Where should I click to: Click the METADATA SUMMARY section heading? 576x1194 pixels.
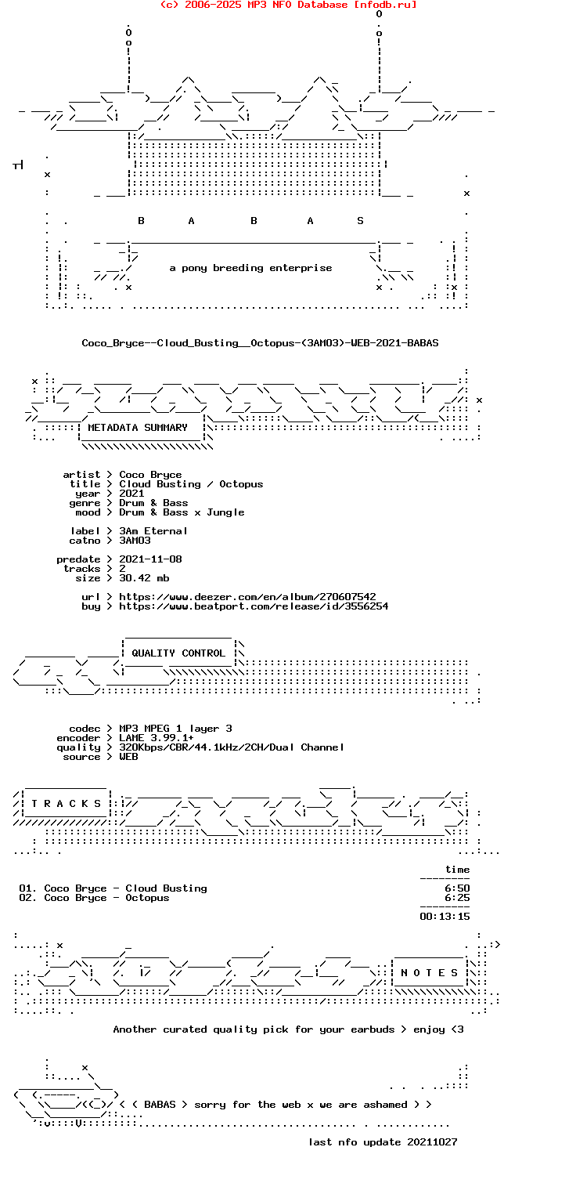[x=137, y=428]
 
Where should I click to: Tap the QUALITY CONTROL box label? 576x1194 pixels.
[x=178, y=653]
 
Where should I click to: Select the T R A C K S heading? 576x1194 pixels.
[x=66, y=803]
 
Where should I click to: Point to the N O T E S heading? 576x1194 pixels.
[x=429, y=973]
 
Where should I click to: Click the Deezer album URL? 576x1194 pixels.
[x=247, y=596]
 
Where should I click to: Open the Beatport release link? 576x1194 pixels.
[x=254, y=606]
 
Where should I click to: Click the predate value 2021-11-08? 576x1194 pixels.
[x=151, y=559]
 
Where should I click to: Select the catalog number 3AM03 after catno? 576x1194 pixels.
[x=135, y=541]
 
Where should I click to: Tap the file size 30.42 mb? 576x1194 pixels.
[x=144, y=578]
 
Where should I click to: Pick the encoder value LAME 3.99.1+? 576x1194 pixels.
[x=157, y=738]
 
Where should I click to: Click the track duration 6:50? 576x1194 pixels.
[x=457, y=888]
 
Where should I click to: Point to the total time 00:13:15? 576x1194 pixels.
[x=445, y=917]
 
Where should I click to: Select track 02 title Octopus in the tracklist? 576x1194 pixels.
[x=147, y=898]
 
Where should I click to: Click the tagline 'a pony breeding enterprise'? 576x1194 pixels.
[x=250, y=268]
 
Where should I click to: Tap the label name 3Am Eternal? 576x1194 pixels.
[x=153, y=531]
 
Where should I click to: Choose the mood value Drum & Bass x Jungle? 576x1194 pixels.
[x=182, y=512]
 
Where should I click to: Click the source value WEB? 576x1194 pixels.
[x=128, y=756]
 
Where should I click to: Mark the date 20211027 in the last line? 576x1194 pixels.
[x=432, y=1142]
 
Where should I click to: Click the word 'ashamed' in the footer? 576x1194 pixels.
[x=385, y=1105]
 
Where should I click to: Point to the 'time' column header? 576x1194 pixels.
[x=458, y=870]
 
